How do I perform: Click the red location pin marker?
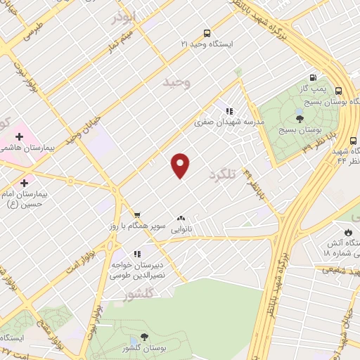(x=181, y=165)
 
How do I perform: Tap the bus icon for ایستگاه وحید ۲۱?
(x=206, y=32)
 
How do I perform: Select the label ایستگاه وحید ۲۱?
(x=205, y=44)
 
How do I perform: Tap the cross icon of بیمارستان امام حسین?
(x=25, y=163)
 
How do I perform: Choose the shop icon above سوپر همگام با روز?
(x=137, y=215)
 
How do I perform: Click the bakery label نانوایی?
(x=181, y=229)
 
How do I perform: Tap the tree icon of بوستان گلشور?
(x=143, y=337)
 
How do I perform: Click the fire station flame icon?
(x=347, y=231)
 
